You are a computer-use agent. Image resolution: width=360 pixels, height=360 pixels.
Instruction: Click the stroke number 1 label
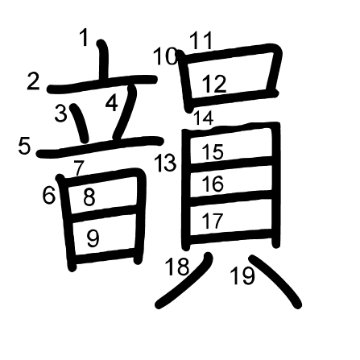point(85,38)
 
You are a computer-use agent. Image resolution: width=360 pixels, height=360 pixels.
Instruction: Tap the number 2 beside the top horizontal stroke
point(33,81)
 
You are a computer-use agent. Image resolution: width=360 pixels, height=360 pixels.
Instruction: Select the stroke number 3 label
point(60,113)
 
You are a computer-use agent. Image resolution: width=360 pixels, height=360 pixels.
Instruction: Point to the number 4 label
point(112,104)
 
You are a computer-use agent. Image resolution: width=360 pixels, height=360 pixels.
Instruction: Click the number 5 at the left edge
point(24,146)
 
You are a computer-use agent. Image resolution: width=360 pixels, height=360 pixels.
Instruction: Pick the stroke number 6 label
point(49,195)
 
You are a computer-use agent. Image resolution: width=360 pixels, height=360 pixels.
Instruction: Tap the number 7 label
point(79,168)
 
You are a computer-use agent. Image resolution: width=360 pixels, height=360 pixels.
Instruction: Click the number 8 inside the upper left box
point(89,197)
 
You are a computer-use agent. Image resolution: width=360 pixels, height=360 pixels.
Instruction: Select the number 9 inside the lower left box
point(93,238)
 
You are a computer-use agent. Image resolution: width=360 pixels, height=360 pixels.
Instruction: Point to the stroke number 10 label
point(165,56)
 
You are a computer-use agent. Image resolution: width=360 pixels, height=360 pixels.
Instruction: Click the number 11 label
point(201,40)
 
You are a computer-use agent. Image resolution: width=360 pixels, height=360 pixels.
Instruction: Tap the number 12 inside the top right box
point(214,84)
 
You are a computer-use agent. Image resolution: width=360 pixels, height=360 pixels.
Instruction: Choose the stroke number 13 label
point(165,163)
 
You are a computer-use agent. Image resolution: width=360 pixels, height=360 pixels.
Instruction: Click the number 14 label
point(204,118)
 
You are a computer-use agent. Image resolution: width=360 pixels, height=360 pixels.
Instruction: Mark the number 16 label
point(213,184)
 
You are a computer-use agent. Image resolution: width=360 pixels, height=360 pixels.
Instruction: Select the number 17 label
point(213,221)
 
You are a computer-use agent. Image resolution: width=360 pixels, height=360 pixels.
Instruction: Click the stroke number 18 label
point(177,267)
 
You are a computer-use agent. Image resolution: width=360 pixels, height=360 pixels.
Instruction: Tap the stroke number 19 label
point(242,276)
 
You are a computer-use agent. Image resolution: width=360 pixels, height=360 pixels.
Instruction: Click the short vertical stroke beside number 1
point(103,60)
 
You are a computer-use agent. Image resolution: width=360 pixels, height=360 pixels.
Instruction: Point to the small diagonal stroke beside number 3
point(80,123)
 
